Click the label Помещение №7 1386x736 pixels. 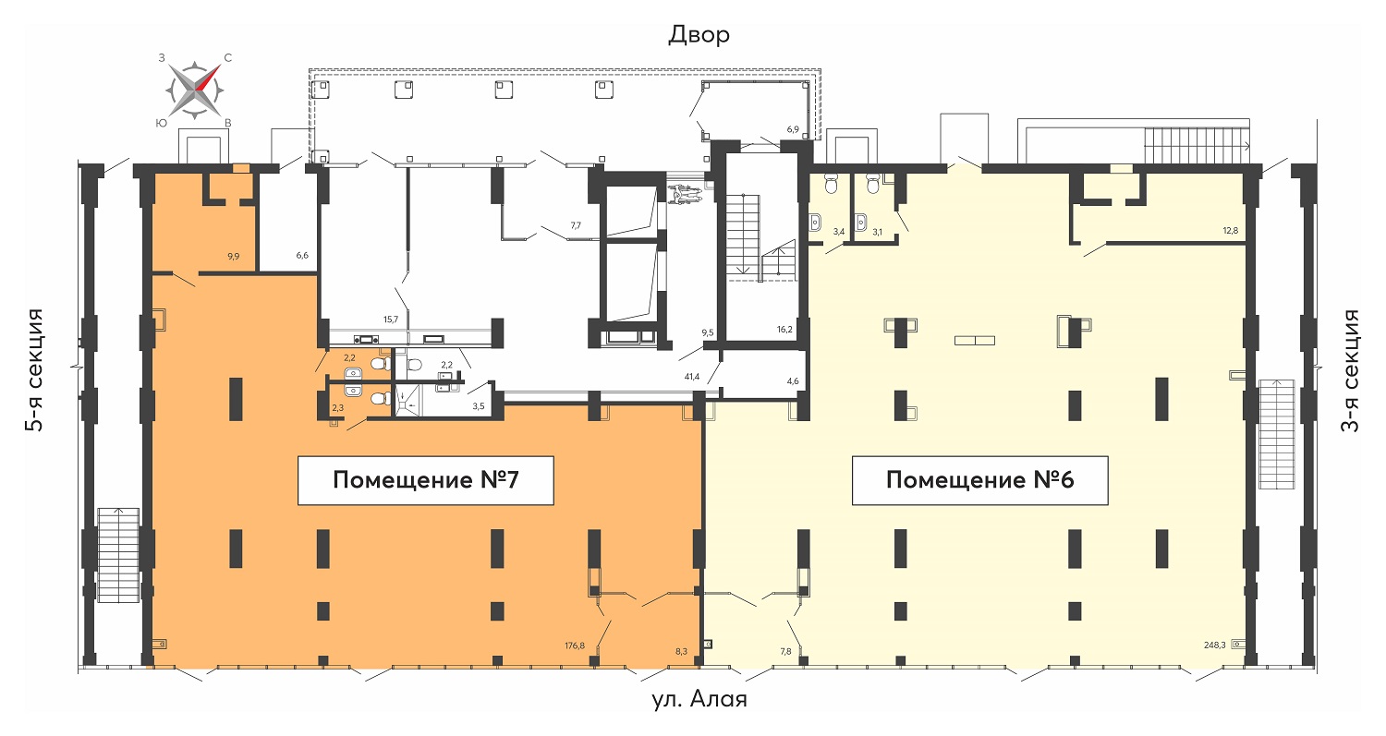[426, 480]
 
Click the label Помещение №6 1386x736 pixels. [980, 480]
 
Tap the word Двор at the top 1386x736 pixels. [699, 35]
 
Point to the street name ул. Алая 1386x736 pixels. [699, 699]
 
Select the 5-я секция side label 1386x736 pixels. [35, 369]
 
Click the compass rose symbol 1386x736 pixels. [195, 90]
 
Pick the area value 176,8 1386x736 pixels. [574, 646]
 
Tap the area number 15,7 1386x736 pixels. [391, 320]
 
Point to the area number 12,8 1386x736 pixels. [1230, 231]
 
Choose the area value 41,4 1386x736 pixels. [692, 377]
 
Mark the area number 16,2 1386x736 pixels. [784, 330]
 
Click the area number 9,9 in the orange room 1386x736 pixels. [233, 256]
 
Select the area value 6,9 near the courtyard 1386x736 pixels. [793, 129]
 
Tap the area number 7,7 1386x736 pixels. [576, 225]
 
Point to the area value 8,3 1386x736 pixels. [681, 651]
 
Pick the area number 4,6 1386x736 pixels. [793, 381]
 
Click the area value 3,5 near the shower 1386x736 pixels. [479, 406]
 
